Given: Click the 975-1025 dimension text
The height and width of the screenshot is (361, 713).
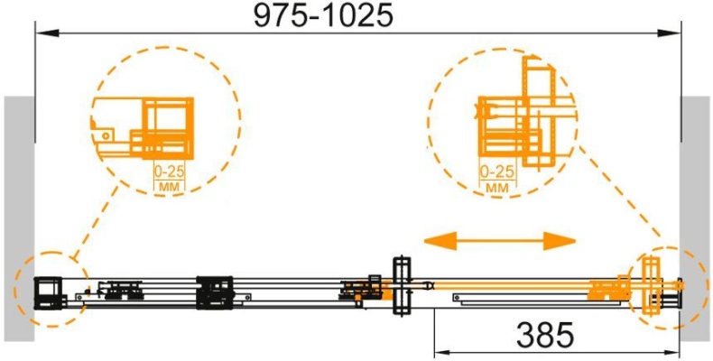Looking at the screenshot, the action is (323, 16).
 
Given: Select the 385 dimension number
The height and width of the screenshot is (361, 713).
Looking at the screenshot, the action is (545, 337).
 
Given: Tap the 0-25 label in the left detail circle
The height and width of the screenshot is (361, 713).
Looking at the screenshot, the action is (169, 171).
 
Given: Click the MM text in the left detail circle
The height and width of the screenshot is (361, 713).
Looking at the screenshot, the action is (170, 186).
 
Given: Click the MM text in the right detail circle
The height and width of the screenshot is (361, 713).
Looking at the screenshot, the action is (497, 188).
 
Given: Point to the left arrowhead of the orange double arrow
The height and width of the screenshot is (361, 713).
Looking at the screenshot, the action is (440, 240).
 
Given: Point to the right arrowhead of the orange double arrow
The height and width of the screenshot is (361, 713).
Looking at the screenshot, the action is (560, 240).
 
